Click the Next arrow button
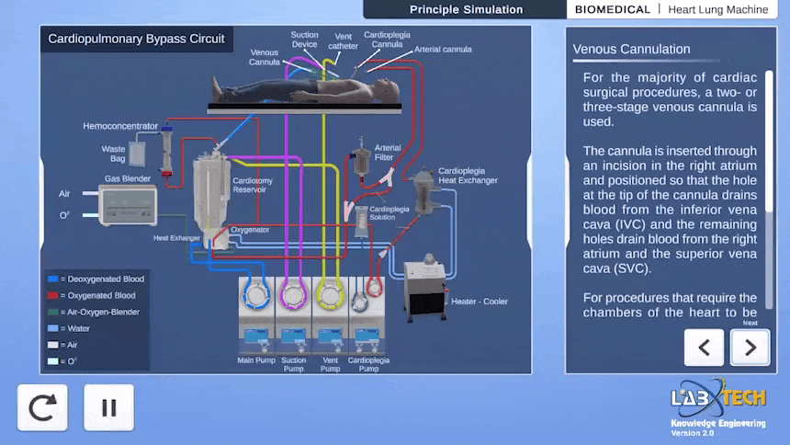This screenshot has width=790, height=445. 750,348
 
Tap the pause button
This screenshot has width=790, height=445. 108,407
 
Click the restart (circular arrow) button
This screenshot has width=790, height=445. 42,407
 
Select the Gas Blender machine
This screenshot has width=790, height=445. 128,205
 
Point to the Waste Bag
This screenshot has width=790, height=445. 137,154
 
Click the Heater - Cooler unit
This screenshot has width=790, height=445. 425,288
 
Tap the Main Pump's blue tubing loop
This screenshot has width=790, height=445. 256,296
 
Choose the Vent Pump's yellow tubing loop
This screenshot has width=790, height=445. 330,296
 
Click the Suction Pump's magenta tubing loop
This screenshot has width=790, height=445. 293,296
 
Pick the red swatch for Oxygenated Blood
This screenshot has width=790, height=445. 53,296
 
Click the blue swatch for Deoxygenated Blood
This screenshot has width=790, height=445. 53,279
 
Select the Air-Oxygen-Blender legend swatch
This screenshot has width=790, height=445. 53,313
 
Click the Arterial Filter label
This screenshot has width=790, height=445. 388,153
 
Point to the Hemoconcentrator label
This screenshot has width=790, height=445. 120,126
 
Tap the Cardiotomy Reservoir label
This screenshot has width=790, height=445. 253,185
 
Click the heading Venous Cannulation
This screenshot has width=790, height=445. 631,50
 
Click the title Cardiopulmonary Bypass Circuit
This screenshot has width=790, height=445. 136,39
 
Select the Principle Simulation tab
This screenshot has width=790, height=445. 466,9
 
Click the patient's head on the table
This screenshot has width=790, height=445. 389,90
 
